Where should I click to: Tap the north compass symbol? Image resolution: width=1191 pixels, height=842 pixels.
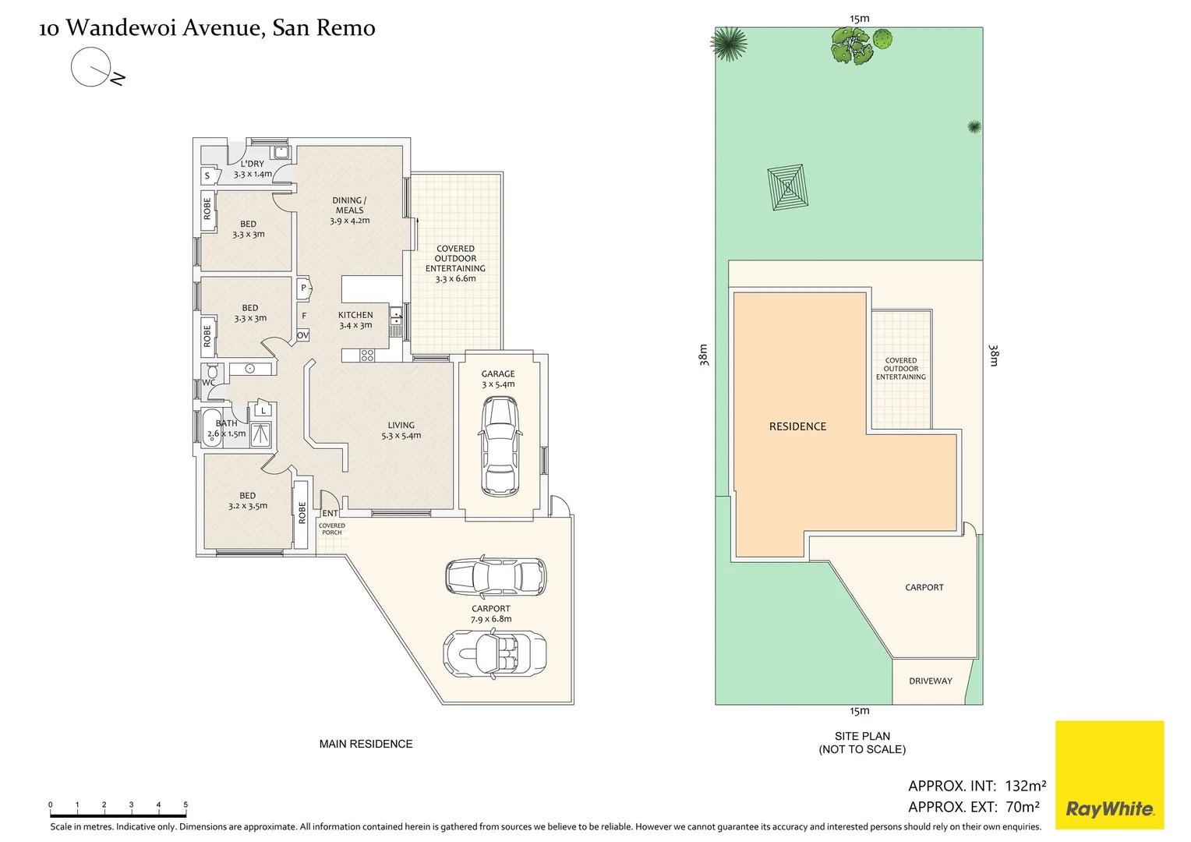[x=94, y=68]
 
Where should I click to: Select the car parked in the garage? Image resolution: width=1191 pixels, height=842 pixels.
[x=499, y=446]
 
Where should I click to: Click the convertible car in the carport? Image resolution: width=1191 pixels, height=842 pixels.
[x=494, y=653]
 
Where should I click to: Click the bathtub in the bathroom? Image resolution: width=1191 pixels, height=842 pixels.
[x=213, y=428]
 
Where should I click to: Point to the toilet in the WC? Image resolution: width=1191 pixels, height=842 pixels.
[x=211, y=372]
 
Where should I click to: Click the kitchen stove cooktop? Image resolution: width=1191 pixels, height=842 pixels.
[x=367, y=356]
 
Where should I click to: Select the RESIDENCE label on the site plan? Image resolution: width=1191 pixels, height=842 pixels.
[x=797, y=426]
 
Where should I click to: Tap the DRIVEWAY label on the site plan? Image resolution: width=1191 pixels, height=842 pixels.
[x=930, y=681]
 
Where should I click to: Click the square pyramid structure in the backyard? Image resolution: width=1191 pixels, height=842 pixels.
[x=787, y=187]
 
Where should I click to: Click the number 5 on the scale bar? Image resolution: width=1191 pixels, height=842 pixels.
[x=186, y=805]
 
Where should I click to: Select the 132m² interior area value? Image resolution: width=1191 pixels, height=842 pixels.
[x=1025, y=786]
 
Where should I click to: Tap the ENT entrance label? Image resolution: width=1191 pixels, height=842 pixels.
[x=330, y=513]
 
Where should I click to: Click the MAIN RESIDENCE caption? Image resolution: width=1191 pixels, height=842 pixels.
[x=366, y=744]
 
